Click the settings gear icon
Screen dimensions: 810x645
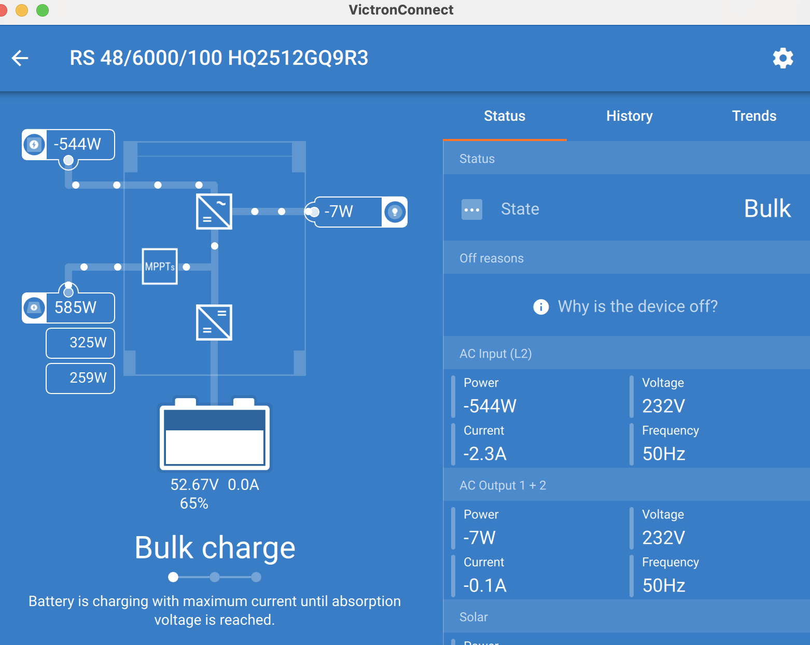point(783,58)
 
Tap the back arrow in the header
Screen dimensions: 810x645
point(20,58)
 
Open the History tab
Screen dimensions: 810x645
point(630,116)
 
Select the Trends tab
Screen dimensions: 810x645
point(754,116)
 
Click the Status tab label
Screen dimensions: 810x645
point(505,116)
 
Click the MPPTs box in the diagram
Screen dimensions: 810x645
point(160,267)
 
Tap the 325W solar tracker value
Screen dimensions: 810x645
point(88,342)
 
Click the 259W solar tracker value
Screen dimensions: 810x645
point(88,377)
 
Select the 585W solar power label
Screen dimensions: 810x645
point(75,307)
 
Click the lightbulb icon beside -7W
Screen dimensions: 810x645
point(395,212)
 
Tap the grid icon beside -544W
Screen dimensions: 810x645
point(34,145)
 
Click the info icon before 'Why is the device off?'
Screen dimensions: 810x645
point(541,307)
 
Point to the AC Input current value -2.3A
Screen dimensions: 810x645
point(485,454)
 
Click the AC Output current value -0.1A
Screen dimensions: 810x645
point(485,585)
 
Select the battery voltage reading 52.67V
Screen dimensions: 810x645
point(194,485)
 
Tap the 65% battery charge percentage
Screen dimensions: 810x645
point(194,503)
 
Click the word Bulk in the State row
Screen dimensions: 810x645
point(767,208)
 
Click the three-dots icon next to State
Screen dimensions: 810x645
point(471,209)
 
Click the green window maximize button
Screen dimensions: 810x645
point(43,10)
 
